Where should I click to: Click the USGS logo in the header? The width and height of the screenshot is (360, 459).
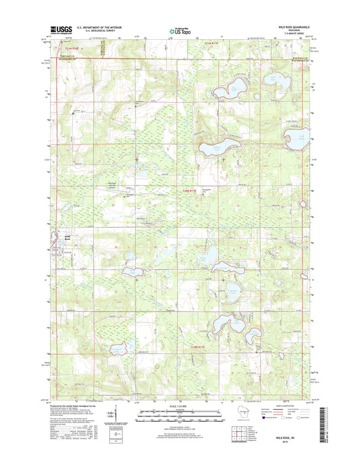[59, 29]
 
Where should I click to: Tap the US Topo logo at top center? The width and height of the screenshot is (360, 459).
[179, 30]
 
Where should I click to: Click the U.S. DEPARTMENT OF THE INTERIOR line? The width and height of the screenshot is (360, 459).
[100, 27]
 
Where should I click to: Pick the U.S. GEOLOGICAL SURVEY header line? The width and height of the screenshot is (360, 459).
[96, 30]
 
